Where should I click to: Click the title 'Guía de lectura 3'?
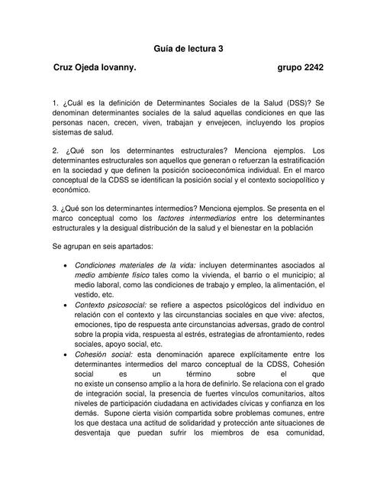click(188, 48)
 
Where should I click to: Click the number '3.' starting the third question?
click(56, 208)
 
